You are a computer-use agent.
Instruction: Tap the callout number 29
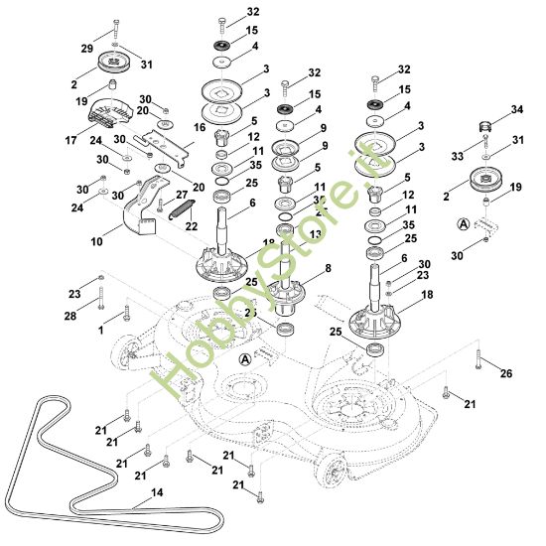86,49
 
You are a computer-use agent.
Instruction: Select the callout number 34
516,108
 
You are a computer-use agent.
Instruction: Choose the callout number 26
506,374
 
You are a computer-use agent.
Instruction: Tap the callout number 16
200,128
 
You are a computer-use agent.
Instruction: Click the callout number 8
328,268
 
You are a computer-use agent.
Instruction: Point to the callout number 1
100,329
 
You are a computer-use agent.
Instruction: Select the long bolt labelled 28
100,297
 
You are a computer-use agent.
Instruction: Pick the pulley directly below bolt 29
115,68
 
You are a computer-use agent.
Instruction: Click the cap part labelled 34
486,125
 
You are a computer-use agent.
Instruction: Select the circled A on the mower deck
245,357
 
